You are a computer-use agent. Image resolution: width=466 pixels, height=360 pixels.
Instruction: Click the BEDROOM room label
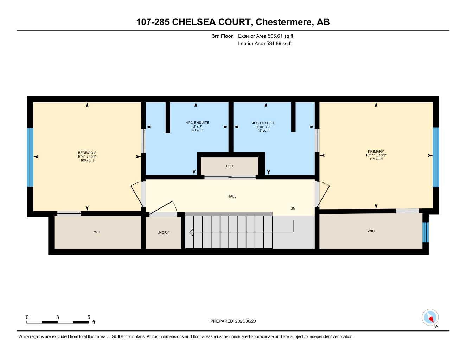(x=87, y=153)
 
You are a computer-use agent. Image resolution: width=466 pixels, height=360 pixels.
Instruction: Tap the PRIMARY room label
(x=376, y=152)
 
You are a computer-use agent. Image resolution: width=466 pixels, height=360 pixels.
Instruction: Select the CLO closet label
(x=230, y=166)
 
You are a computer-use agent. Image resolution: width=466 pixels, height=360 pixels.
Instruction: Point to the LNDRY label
(x=163, y=233)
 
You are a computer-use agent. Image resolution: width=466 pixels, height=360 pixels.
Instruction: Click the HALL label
(x=232, y=196)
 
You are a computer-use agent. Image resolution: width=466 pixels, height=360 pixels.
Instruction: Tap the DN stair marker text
(x=293, y=208)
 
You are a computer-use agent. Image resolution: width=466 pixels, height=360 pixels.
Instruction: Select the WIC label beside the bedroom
(x=97, y=232)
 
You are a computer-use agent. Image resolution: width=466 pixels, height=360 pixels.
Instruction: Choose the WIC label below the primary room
(x=371, y=231)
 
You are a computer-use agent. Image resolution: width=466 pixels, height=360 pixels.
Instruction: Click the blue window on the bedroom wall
(x=30, y=157)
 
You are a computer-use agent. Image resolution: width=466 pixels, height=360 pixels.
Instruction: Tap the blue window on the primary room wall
(x=436, y=157)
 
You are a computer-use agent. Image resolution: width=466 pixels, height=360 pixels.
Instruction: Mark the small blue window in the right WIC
(x=426, y=232)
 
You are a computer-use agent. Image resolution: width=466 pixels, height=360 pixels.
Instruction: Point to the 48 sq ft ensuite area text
(x=198, y=130)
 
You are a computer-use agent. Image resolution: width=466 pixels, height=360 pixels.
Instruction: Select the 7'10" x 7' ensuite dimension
(x=263, y=127)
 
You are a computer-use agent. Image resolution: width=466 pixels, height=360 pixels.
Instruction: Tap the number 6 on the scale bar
(x=89, y=317)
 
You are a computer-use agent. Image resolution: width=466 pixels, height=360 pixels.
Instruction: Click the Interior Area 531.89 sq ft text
(x=265, y=44)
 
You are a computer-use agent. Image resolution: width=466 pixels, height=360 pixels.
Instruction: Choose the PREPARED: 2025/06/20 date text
(x=233, y=321)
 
